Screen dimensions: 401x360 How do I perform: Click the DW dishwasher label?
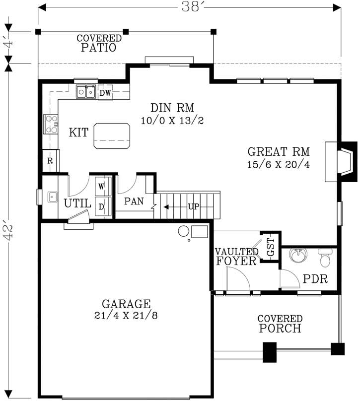tap(105, 93)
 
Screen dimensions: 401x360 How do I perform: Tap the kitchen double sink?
tap(86, 92)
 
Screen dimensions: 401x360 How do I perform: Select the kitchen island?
tap(112, 135)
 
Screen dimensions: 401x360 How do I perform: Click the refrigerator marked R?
tap(50, 161)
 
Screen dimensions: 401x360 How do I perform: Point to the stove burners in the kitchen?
tap(51, 125)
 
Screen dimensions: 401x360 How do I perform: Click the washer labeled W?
tap(101, 187)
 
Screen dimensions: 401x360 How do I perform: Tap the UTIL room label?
tap(77, 203)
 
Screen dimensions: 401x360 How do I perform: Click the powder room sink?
tap(297, 256)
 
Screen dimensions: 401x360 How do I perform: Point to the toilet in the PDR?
tap(325, 258)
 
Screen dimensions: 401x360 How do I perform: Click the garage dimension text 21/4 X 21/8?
tap(126, 315)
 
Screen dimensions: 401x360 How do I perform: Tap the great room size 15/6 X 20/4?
tap(278, 164)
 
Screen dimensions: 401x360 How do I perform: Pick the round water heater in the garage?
tap(184, 231)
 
